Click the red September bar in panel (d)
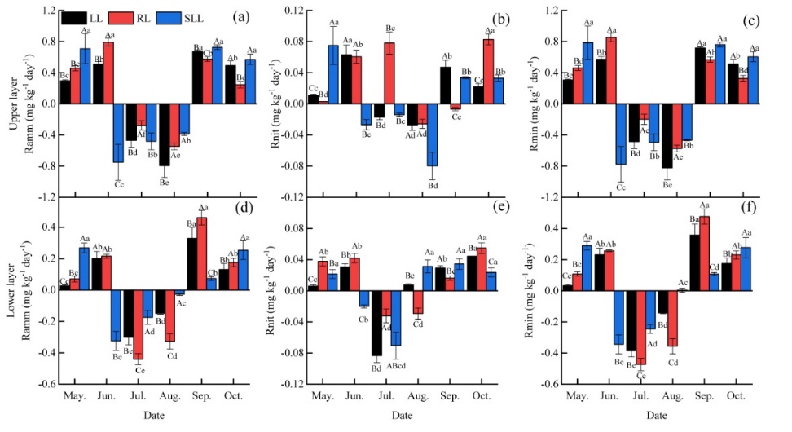(x=202, y=253)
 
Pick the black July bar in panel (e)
(x=376, y=323)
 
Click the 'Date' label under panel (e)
(x=401, y=416)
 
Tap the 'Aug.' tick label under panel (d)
(x=169, y=395)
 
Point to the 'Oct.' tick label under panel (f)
(x=736, y=395)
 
